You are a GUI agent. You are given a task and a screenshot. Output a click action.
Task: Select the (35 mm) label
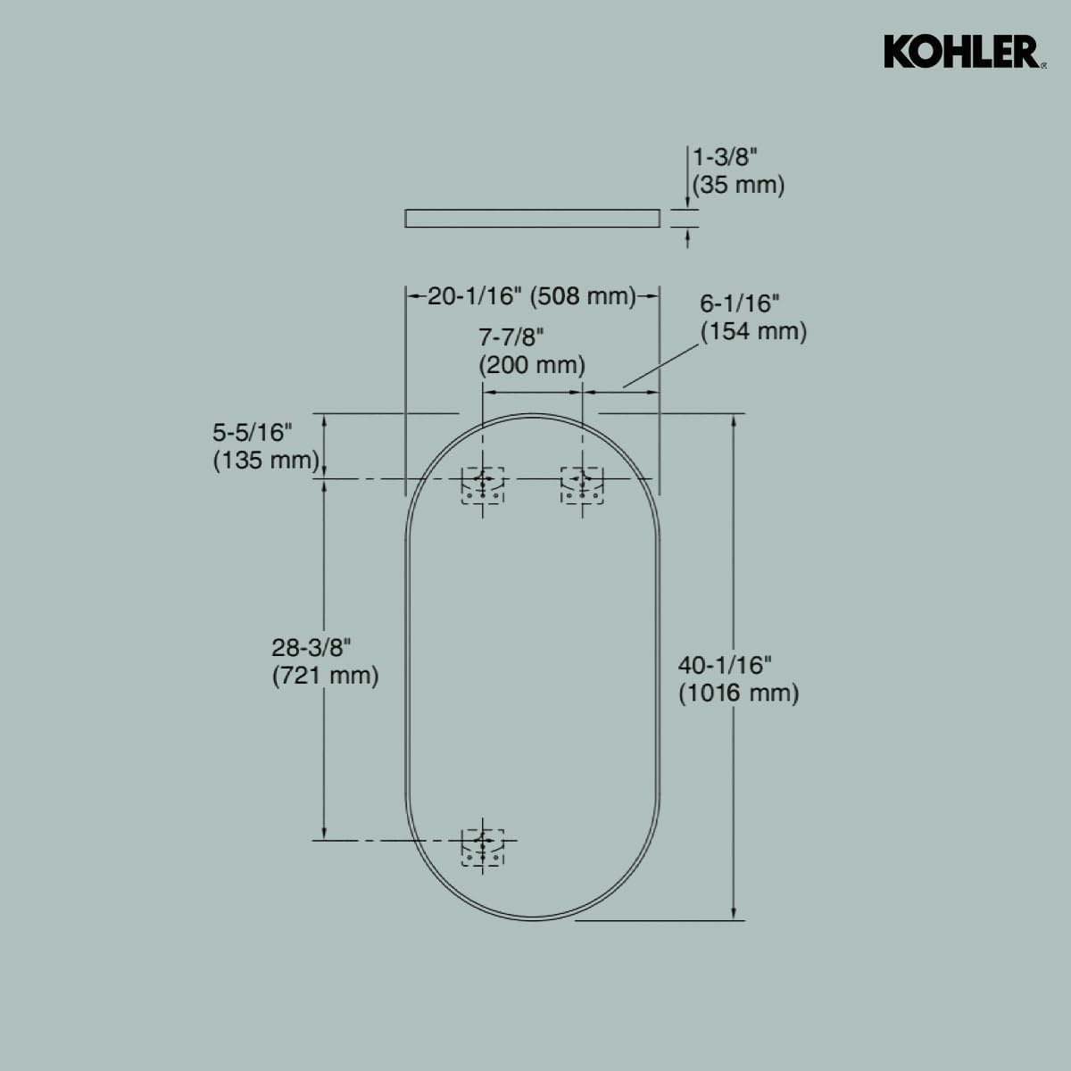click(739, 186)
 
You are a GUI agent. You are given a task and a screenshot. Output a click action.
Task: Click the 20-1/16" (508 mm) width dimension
click(532, 295)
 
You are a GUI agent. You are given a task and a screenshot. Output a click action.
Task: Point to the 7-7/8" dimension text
click(511, 336)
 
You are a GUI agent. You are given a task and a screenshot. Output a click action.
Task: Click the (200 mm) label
click(532, 365)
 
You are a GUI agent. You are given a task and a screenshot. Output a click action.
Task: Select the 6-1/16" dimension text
click(740, 303)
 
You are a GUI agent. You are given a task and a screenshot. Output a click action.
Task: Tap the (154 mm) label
click(753, 331)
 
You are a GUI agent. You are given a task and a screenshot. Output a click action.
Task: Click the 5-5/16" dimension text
click(253, 432)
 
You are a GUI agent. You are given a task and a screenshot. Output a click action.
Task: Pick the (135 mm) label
click(265, 461)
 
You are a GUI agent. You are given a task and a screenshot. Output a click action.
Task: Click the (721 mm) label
click(325, 676)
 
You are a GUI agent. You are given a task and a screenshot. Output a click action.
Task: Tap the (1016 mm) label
click(738, 693)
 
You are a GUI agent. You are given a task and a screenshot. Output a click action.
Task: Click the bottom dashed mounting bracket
click(483, 846)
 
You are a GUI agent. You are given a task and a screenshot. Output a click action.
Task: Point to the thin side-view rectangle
click(533, 218)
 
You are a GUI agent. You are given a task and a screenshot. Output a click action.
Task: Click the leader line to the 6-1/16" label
click(661, 366)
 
